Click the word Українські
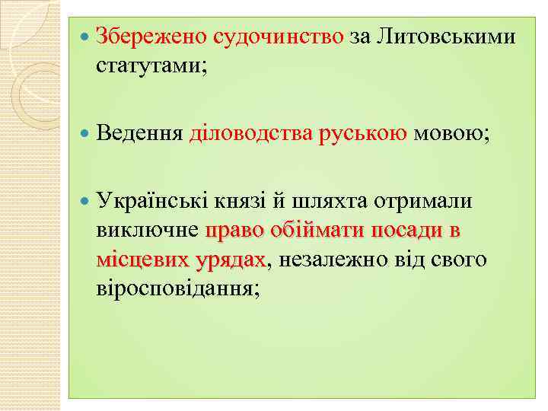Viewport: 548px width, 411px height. (x=155, y=201)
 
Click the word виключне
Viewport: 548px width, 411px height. (x=148, y=230)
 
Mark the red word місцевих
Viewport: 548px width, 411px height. (x=142, y=260)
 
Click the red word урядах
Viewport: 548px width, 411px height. (x=230, y=260)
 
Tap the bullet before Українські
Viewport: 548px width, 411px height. (x=84, y=202)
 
